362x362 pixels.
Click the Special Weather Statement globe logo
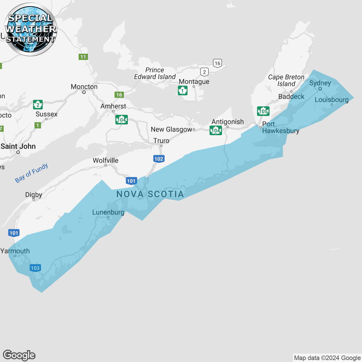[30, 29]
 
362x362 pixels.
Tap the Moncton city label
[84, 87]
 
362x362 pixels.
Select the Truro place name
[161, 141]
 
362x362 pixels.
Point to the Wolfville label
[105, 161]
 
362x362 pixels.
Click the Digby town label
[34, 195]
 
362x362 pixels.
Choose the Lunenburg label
[108, 212]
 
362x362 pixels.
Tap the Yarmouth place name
[15, 251]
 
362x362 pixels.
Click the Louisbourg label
[331, 100]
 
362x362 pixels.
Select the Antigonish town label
[228, 122]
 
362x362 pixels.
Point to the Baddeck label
[291, 97]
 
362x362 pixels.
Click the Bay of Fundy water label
[31, 173]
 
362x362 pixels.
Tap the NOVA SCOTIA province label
[150, 194]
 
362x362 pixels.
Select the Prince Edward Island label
[155, 74]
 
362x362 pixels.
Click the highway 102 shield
[159, 159]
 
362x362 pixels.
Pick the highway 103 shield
[35, 268]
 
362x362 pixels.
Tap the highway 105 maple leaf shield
[263, 111]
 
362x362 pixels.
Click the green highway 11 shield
[83, 57]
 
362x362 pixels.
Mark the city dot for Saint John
[18, 152]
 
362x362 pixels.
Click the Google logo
[19, 355]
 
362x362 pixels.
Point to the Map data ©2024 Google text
[327, 358]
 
